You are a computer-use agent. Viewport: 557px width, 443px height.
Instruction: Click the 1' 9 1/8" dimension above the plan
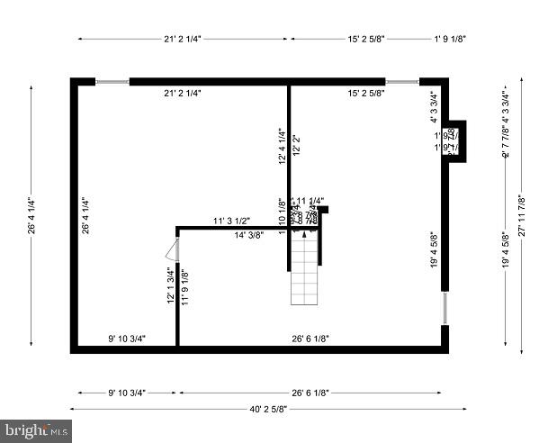click(449, 39)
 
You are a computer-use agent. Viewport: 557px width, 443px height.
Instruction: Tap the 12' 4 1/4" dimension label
click(282, 145)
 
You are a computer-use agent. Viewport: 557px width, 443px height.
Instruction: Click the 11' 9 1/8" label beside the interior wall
click(184, 287)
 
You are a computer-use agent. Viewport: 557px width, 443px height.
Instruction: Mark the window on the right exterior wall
click(445, 308)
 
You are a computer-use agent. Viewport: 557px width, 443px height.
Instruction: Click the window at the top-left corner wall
click(112, 81)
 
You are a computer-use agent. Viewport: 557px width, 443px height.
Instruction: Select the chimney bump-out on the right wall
click(455, 140)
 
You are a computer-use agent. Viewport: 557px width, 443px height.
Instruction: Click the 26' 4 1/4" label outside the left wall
click(30, 216)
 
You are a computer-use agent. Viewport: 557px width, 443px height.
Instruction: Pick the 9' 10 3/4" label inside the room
click(127, 339)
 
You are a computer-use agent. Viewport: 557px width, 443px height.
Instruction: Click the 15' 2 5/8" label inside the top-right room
click(366, 93)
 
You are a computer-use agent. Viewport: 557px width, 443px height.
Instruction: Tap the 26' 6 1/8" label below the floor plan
click(310, 392)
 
